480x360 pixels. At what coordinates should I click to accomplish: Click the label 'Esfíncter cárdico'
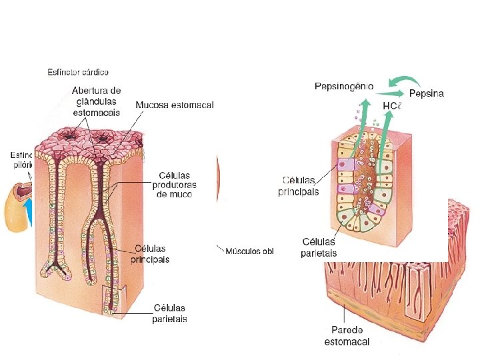click(x=78, y=71)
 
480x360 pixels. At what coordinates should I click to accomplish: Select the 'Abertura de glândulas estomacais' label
click(x=97, y=101)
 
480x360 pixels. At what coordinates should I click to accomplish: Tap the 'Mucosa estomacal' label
click(x=175, y=105)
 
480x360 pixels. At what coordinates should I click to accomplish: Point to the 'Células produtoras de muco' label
click(x=174, y=185)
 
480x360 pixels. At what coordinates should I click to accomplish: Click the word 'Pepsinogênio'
click(x=343, y=86)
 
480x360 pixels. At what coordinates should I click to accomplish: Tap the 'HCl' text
click(x=391, y=106)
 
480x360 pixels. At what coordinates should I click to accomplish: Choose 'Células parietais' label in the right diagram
click(x=319, y=247)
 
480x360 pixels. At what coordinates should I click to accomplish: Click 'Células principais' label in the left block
click(x=150, y=253)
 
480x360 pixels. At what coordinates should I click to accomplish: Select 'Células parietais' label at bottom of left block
click(x=171, y=313)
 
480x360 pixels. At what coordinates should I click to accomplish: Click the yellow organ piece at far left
click(x=15, y=207)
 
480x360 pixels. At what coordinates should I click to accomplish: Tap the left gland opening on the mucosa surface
click(x=68, y=141)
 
